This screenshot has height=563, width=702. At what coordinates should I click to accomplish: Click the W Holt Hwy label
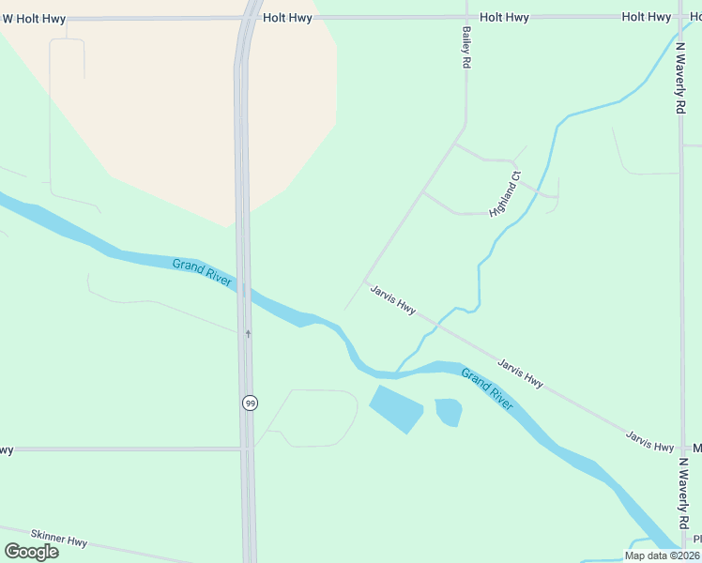35,18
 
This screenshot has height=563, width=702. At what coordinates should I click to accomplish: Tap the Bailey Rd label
465,46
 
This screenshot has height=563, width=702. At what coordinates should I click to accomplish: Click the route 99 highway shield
249,403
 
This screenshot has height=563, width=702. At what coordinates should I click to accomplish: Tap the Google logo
31,551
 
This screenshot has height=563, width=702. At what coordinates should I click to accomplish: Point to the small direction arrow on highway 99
248,332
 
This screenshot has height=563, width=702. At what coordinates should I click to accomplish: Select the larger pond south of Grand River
396,408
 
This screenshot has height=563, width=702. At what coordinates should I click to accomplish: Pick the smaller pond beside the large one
449,410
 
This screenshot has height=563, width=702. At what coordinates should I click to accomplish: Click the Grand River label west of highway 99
202,276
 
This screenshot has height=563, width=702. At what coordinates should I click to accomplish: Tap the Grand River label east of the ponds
487,388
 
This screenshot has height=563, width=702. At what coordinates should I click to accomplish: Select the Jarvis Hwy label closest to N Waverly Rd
650,440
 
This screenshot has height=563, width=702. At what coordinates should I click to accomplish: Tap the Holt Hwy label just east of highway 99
287,17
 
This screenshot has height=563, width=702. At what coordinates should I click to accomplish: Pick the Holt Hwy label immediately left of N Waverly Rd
647,17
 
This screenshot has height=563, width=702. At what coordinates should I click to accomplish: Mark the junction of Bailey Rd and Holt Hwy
466,17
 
